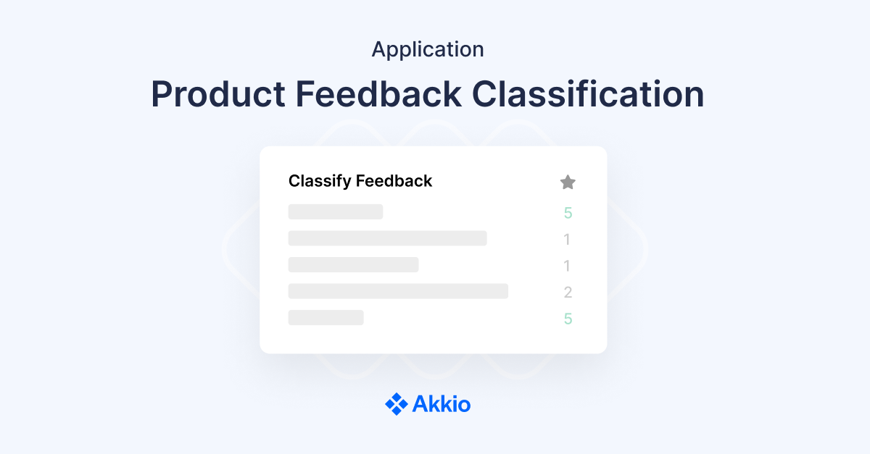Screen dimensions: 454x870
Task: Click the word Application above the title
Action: point(428,50)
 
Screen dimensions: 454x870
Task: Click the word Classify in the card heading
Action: point(316,181)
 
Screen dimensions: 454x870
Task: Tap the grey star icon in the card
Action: point(568,182)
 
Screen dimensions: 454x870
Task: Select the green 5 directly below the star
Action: point(568,213)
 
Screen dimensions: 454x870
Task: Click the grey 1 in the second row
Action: point(568,240)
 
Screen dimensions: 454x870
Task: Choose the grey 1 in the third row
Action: point(568,266)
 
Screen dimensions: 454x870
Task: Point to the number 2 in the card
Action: point(568,293)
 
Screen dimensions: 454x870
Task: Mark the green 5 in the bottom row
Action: point(568,319)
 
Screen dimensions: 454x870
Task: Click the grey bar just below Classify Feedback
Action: point(336,211)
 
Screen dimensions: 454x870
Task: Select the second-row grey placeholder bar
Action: point(387,238)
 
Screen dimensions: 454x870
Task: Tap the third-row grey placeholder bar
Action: point(353,264)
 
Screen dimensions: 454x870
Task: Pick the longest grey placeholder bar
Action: point(398,291)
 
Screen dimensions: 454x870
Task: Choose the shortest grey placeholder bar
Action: point(326,317)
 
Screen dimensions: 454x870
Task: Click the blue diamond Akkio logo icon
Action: point(396,403)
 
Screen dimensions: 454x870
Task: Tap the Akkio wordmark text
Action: point(442,404)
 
